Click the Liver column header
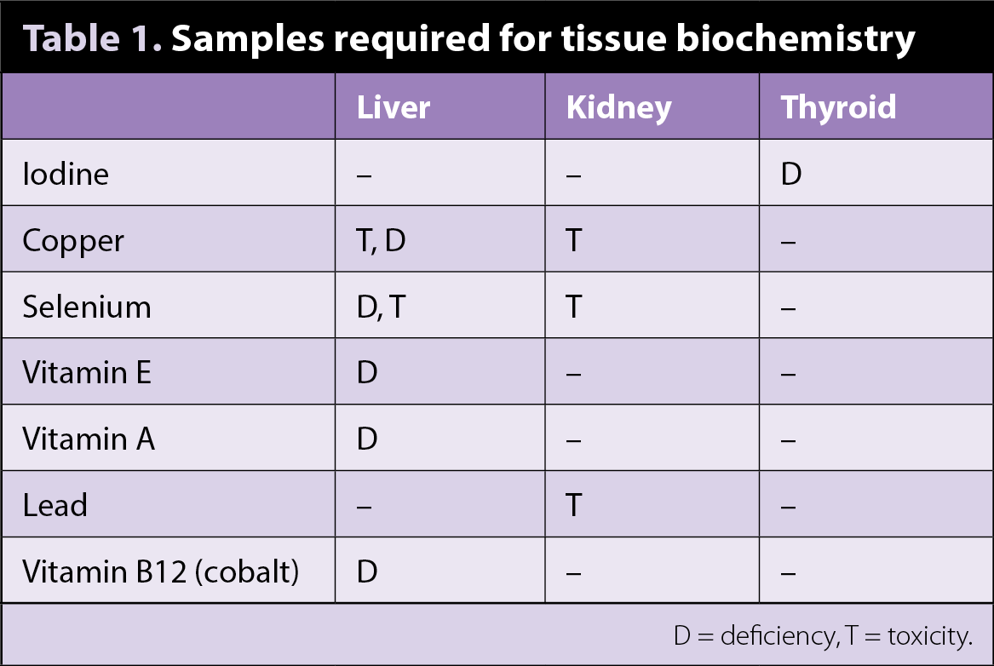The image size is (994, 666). (394, 107)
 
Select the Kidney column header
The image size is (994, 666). (618, 108)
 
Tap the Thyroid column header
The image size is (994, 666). (838, 107)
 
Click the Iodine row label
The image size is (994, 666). (66, 174)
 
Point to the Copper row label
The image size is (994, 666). (73, 241)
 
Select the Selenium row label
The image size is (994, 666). (87, 307)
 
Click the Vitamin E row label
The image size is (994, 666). (87, 372)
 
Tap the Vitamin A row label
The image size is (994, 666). (89, 439)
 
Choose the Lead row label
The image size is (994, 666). (55, 505)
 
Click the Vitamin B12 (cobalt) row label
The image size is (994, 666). (160, 571)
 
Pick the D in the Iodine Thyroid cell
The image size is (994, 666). (791, 174)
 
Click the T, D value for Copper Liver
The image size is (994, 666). (381, 241)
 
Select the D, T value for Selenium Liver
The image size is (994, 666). (381, 307)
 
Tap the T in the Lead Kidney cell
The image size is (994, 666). (574, 505)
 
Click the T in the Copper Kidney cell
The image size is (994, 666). (574, 241)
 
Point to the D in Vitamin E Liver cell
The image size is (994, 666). (367, 372)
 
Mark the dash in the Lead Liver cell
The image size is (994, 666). (364, 507)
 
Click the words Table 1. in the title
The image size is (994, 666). (93, 38)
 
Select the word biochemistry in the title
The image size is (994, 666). (796, 39)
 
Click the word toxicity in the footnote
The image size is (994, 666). (930, 635)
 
